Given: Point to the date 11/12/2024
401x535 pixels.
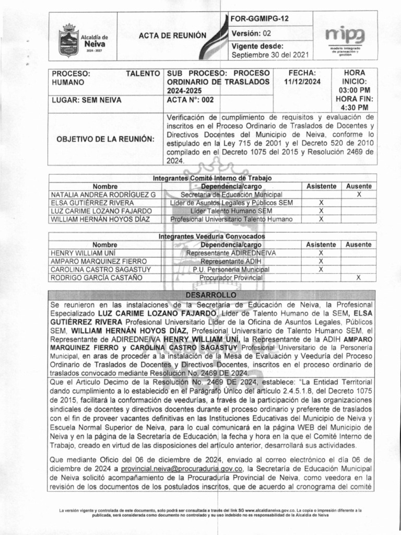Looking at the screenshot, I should tap(303, 82).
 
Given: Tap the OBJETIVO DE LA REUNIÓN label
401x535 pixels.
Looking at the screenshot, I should tap(105, 138).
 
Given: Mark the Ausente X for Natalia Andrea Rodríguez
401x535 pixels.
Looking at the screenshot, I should tap(359, 194).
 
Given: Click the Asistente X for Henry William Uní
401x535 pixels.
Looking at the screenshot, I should tap(321, 253).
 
